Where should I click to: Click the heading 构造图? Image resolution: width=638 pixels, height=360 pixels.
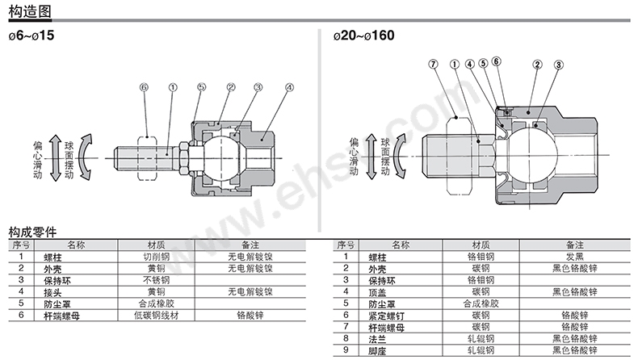[x=30, y=11]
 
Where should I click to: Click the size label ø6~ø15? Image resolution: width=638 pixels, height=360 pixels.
[x=31, y=36]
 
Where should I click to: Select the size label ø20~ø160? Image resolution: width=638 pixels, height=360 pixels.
[x=363, y=36]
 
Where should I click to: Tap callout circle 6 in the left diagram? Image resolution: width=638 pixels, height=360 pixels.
[x=144, y=87]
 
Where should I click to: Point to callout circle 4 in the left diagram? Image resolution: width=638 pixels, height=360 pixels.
[x=289, y=87]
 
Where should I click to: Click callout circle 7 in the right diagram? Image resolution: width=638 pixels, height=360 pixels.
[x=434, y=65]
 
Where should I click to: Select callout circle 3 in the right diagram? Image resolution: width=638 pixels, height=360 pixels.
[x=559, y=65]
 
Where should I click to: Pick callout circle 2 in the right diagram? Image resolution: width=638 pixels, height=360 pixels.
[x=538, y=65]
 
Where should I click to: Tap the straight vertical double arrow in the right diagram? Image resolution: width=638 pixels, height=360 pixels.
[x=371, y=157]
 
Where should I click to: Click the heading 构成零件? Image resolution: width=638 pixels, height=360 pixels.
[x=32, y=232]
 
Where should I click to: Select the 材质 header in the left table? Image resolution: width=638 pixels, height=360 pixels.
[x=156, y=245]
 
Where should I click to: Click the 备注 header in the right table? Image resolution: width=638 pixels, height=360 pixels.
[x=575, y=245]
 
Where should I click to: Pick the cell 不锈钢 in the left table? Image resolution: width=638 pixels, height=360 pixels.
[x=156, y=280]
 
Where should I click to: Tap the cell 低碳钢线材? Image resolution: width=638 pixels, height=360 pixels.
[x=156, y=316]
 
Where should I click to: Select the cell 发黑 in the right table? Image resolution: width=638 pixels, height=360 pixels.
[x=575, y=257]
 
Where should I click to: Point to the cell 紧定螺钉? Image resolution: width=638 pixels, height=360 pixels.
[x=387, y=316]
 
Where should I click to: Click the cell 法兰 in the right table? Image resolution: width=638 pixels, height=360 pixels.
[x=377, y=339]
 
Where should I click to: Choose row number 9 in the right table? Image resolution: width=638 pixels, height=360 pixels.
[x=346, y=350]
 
